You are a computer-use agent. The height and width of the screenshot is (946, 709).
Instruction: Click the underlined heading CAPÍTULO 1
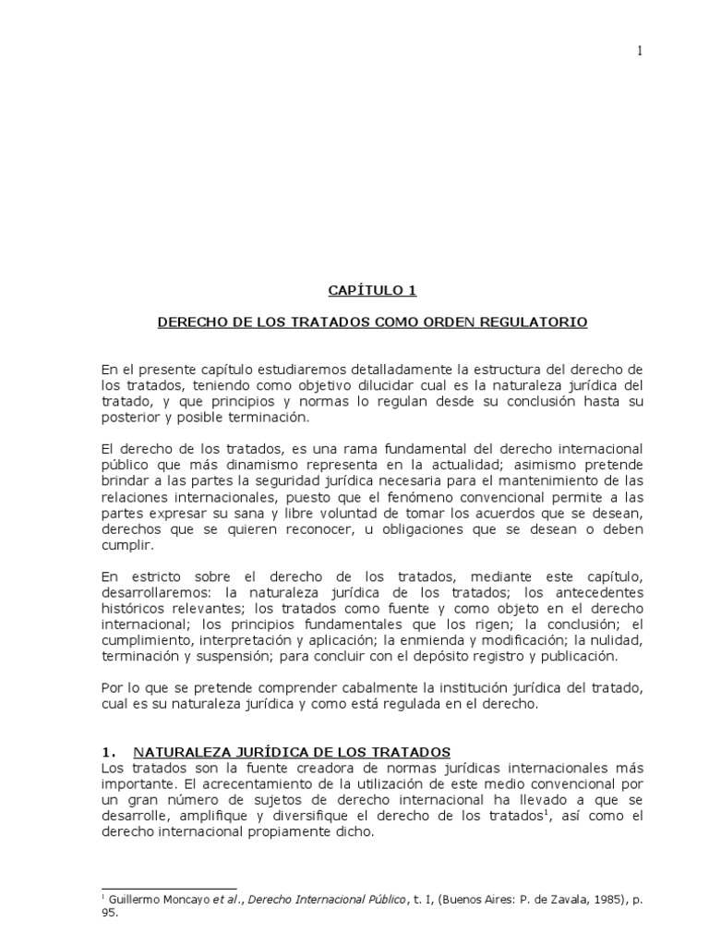coord(372,290)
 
